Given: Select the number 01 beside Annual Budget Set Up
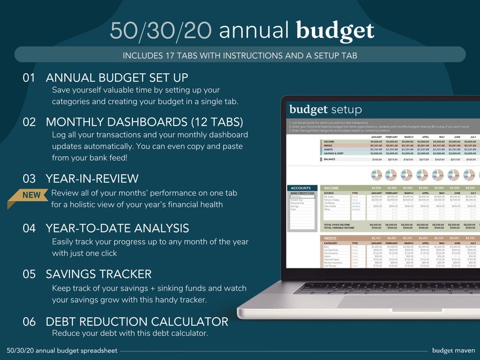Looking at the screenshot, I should (30, 78).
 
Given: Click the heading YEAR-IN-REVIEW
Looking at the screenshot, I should (92, 179).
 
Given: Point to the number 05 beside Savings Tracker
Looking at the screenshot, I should (30, 274).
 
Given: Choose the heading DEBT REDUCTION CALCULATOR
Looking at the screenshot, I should (137, 321).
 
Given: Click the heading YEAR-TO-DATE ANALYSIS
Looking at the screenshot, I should (117, 228).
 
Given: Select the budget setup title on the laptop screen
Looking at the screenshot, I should (325, 109).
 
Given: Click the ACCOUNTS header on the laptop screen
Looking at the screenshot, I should (301, 188).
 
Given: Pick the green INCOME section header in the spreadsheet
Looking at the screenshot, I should (333, 188).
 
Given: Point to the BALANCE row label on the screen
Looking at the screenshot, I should (329, 159).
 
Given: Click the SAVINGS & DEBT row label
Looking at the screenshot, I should (337, 153).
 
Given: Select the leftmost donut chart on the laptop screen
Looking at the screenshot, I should (376, 175).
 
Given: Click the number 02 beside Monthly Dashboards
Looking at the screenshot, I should (30, 121).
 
